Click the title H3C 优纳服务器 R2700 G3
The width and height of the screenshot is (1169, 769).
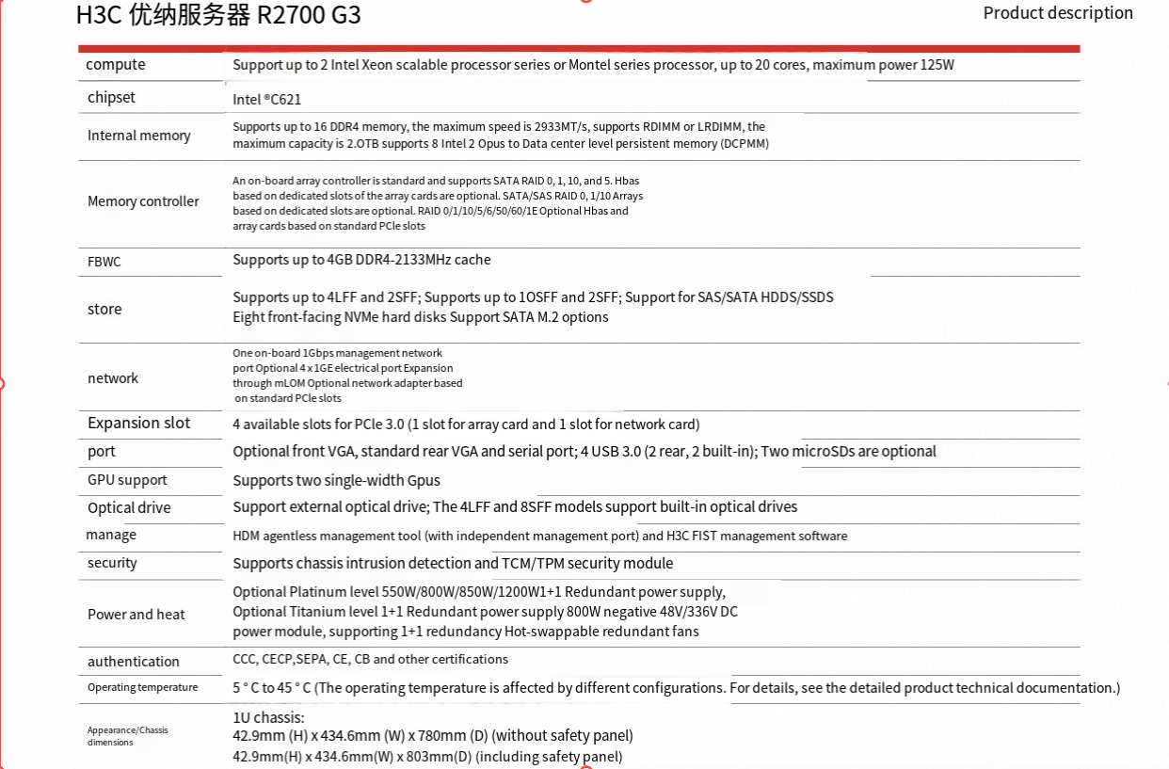[x=217, y=15]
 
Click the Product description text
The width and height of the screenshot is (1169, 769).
[x=1058, y=13]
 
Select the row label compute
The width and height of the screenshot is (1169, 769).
[x=116, y=65]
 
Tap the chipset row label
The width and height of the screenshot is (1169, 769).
[x=111, y=98]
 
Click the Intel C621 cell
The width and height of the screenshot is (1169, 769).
[x=267, y=99]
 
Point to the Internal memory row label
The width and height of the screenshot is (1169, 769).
[x=139, y=136]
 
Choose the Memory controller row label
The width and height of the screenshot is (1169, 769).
[x=143, y=201]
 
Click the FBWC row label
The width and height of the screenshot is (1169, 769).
[x=104, y=262]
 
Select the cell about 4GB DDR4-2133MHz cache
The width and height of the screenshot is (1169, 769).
[x=361, y=260]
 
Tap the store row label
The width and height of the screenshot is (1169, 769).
[x=104, y=310]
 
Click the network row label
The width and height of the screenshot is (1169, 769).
[x=113, y=378]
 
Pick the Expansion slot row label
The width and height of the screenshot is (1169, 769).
[x=139, y=424]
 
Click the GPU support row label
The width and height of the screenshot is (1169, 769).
[x=127, y=480]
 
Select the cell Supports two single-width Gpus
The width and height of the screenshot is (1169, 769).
[x=336, y=481]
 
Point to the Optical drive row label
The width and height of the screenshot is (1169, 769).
[x=129, y=508]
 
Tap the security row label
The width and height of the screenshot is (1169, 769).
[x=112, y=563]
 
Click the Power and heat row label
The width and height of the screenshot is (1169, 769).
[x=136, y=615]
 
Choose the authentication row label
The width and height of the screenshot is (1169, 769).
[x=134, y=662]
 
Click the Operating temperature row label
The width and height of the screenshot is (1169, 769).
[x=143, y=687]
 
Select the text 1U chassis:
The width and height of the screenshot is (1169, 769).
[x=268, y=718]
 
